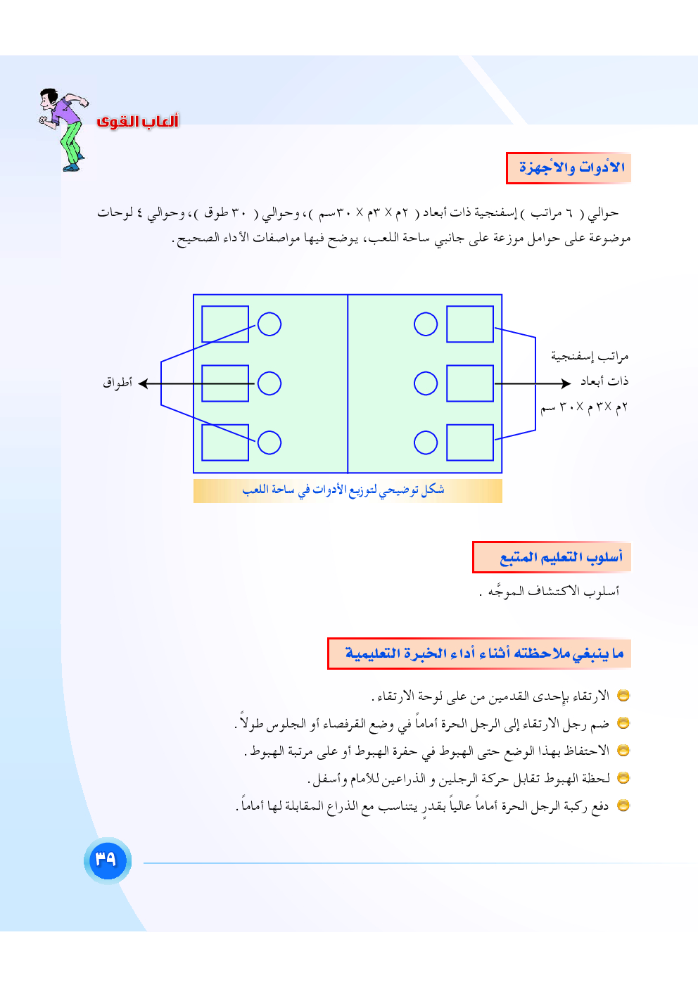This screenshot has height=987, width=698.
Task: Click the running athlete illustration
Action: tap(63, 129)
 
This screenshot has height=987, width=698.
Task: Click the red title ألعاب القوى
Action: tap(137, 121)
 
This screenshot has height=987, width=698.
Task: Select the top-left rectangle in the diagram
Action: tap(225, 324)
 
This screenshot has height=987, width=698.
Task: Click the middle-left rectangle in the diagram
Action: tap(225, 383)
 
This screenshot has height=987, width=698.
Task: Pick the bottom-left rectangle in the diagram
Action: tap(225, 442)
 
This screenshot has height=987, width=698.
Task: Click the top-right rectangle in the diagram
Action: tap(470, 324)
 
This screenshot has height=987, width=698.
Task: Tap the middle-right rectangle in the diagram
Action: tap(470, 383)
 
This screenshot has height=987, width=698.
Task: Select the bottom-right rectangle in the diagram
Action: tap(470, 442)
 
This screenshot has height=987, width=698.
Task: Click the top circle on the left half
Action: tap(269, 324)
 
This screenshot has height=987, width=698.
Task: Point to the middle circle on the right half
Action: tap(426, 383)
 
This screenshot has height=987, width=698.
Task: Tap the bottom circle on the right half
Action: tap(426, 442)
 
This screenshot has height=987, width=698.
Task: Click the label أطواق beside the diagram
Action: tap(118, 383)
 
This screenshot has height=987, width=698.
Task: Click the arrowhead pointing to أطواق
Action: tap(143, 383)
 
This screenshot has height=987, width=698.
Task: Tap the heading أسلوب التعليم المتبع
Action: tap(552, 558)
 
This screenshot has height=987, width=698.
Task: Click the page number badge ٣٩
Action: tap(107, 860)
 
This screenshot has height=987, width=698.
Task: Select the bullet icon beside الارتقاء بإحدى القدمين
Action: tap(623, 696)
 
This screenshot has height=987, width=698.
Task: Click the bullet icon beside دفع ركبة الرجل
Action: tap(623, 805)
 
